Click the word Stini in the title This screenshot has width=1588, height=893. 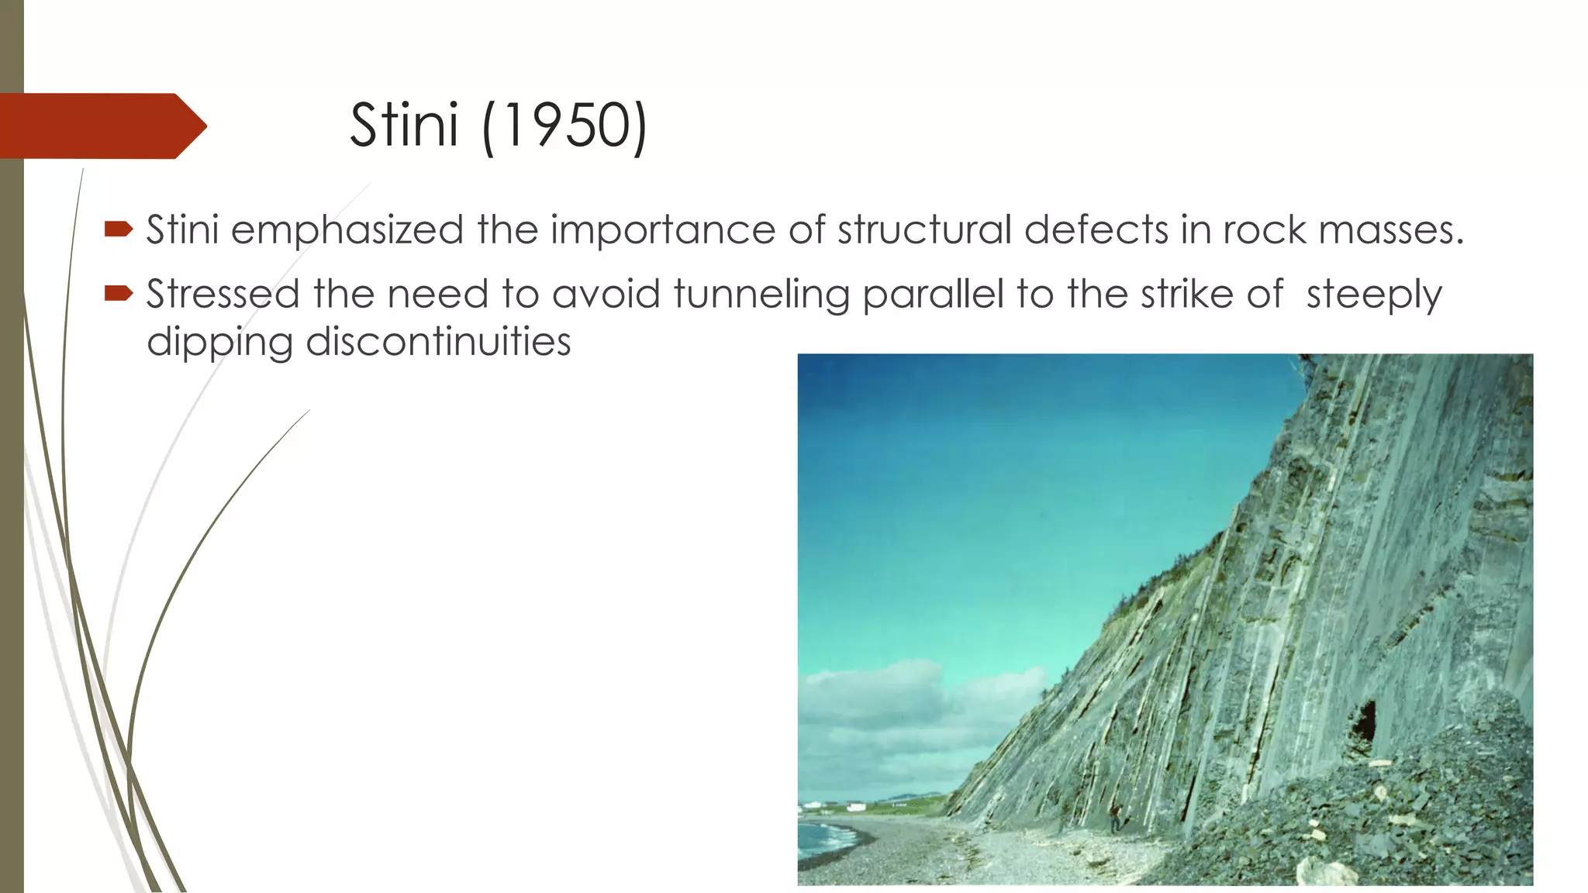404,126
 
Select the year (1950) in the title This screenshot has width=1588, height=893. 564,126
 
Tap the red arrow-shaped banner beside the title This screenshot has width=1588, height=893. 101,126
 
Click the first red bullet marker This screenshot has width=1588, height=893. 118,229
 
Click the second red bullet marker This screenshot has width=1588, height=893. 118,293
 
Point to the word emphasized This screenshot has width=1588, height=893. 347,230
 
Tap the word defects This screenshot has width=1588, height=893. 1096,230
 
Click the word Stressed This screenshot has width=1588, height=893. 223,295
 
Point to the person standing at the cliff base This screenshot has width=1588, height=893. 1115,819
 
